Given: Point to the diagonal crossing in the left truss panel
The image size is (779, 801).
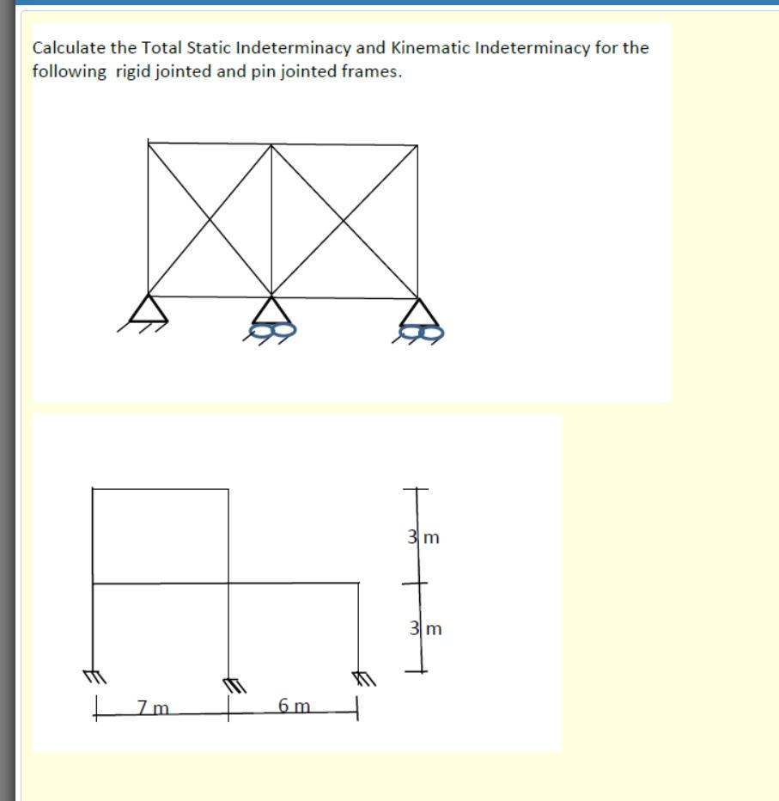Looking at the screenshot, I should coord(210,219).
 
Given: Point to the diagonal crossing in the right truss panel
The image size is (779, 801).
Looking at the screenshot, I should coord(345,219).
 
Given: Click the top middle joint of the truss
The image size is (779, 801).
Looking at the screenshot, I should coord(272,144).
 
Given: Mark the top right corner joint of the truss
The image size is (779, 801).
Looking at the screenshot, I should coord(418,145).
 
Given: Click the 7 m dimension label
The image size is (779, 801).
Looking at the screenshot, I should coord(153,707).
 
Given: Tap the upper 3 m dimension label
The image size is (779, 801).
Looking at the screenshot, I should coord(424,538).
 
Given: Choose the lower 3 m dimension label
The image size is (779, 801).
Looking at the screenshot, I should coord(425,628).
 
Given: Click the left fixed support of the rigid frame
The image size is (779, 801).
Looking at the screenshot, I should coord(91,676).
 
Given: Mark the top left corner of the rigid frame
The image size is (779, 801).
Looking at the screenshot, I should coord(92,489).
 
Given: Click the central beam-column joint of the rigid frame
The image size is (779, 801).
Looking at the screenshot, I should coord(228,584).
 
